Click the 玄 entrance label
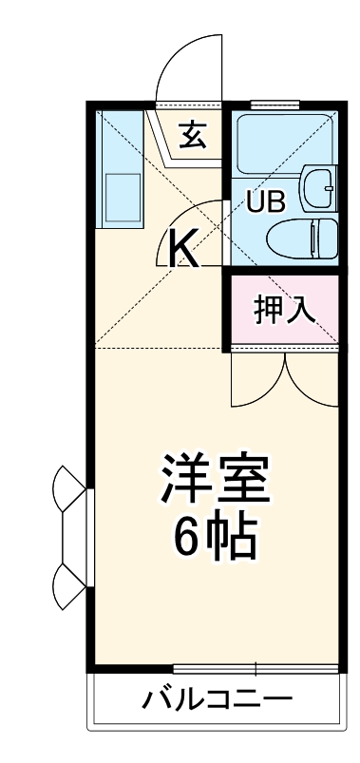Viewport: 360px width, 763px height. (192, 135)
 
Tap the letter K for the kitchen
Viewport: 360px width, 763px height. (183, 250)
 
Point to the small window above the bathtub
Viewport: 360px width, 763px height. (275, 103)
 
